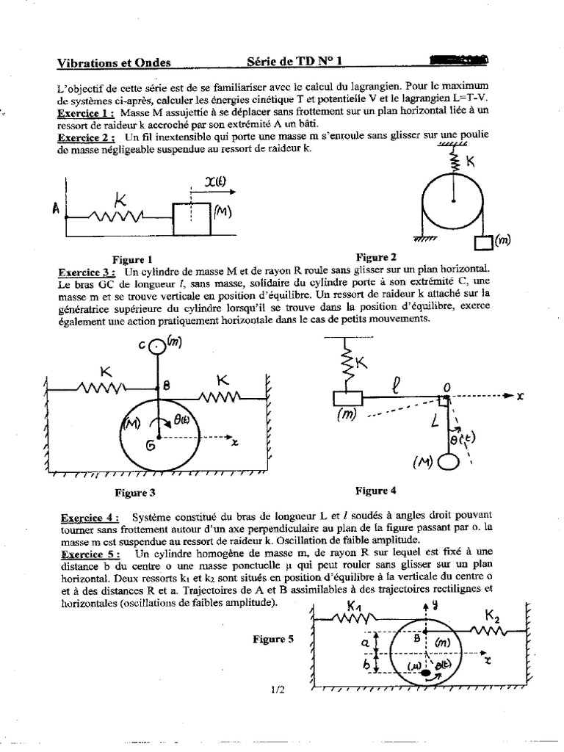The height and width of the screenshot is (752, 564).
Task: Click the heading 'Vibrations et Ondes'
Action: point(114,64)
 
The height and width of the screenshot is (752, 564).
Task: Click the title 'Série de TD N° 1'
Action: point(292,63)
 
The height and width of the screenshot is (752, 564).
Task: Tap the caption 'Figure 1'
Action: point(132,259)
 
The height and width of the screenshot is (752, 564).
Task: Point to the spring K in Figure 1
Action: point(117,215)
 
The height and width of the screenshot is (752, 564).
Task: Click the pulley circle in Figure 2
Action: point(453,202)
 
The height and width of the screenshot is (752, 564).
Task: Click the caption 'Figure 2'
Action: point(376,257)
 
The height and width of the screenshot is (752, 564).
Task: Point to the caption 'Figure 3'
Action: point(135,493)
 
